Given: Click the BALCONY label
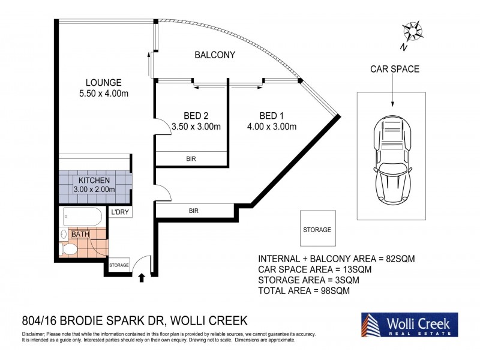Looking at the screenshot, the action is click(x=215, y=55).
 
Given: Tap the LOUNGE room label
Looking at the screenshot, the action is click(x=103, y=83).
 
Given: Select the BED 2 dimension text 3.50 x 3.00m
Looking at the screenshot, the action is click(x=196, y=127).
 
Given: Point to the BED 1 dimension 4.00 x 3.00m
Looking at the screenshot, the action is click(x=272, y=127).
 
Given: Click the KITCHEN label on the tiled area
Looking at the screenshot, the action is click(x=94, y=181).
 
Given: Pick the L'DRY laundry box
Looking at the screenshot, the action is click(x=120, y=212).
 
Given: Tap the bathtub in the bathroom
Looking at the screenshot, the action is click(x=82, y=217).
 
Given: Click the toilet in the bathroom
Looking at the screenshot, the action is click(x=68, y=249).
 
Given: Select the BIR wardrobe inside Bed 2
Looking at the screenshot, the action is click(x=191, y=158).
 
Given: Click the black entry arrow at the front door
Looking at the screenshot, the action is click(x=142, y=278).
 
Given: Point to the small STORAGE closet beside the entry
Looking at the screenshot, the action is click(x=119, y=265).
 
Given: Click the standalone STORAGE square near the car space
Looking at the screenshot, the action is click(x=318, y=229).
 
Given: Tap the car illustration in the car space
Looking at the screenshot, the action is click(x=392, y=161).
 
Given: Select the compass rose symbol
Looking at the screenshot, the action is click(x=412, y=31).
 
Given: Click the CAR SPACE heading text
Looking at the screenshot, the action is click(x=395, y=69).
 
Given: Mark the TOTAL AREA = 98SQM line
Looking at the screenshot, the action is click(x=304, y=290).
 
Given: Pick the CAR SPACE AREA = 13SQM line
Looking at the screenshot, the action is click(x=314, y=269).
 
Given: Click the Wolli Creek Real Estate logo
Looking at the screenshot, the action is click(x=410, y=325).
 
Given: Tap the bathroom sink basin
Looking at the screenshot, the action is click(x=64, y=234).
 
